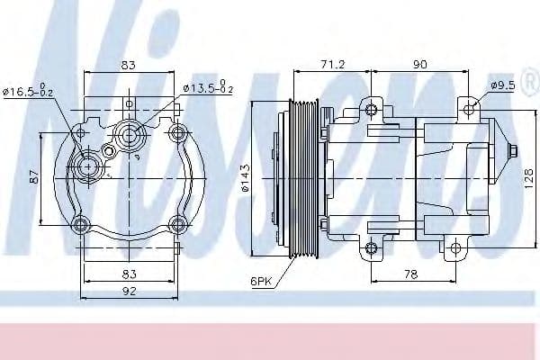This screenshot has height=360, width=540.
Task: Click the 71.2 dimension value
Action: [x=333, y=66]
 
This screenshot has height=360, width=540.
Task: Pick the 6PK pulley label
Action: [x=262, y=281]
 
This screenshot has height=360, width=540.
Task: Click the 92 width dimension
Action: [x=130, y=291]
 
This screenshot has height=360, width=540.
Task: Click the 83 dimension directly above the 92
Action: [x=130, y=272]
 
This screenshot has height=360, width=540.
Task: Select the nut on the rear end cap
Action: [x=512, y=153]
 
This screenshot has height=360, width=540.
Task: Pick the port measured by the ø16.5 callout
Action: [x=87, y=166]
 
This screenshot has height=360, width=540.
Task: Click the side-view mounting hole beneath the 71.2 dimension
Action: [x=372, y=111]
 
